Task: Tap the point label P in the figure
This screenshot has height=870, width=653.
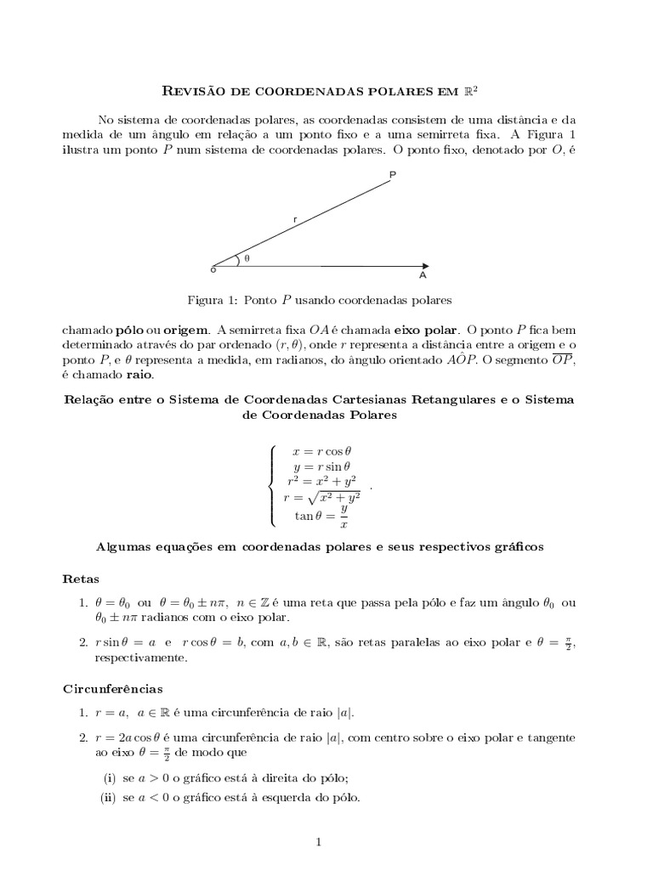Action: tap(392, 175)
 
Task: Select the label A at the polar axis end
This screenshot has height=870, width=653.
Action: tap(423, 276)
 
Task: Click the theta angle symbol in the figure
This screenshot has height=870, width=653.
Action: tap(247, 258)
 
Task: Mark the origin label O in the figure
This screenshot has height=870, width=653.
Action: tap(213, 269)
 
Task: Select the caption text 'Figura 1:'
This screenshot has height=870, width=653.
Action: tap(213, 300)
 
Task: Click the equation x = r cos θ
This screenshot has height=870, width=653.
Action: tap(321, 454)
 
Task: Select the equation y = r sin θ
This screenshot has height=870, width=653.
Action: tap(321, 466)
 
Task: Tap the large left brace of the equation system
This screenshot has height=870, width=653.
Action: tap(272, 485)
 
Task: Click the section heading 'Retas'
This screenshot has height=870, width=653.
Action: tap(82, 579)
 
